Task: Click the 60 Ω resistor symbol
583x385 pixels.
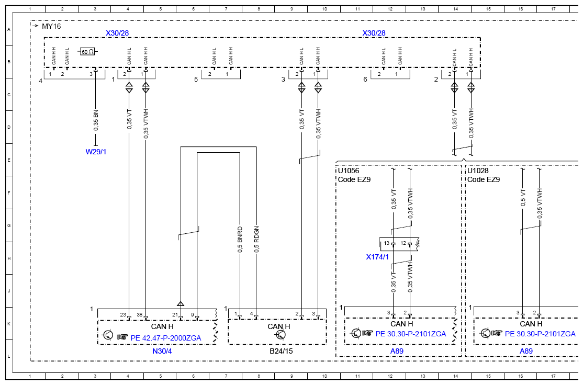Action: pyautogui.click(x=87, y=52)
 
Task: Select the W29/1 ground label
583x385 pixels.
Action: pyautogui.click(x=96, y=152)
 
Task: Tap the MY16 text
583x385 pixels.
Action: pyautogui.click(x=51, y=26)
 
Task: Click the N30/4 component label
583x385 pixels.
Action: pyautogui.click(x=162, y=351)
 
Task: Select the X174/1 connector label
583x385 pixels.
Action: pyautogui.click(x=377, y=257)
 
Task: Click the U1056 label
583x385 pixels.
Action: pyautogui.click(x=349, y=171)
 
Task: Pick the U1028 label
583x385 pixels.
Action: pyautogui.click(x=478, y=171)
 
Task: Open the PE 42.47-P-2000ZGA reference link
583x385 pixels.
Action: pyautogui.click(x=166, y=338)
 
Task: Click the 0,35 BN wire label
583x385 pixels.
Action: pyautogui.click(x=96, y=120)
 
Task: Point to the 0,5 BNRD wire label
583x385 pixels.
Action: pyautogui.click(x=240, y=240)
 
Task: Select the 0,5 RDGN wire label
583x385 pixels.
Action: pyautogui.click(x=256, y=240)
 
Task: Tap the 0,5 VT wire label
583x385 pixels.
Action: pyautogui.click(x=523, y=197)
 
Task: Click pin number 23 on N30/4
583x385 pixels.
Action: pyautogui.click(x=123, y=315)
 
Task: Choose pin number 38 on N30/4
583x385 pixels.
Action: pyautogui.click(x=139, y=315)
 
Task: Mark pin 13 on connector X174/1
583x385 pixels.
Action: pyautogui.click(x=387, y=243)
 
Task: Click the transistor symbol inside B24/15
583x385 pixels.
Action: pyautogui.click(x=281, y=335)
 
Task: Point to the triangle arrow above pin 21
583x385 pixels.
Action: pyautogui.click(x=181, y=303)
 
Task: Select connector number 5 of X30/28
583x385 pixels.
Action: pyautogui.click(x=196, y=80)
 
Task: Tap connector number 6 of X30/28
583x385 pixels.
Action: pyautogui.click(x=365, y=80)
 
